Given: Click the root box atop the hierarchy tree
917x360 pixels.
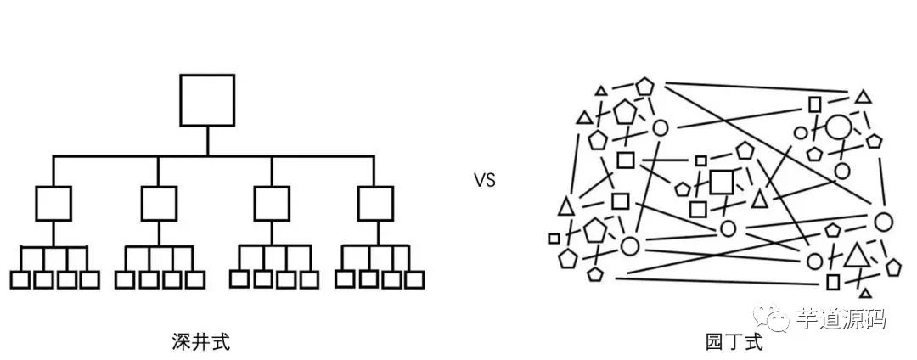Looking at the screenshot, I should click(207, 100).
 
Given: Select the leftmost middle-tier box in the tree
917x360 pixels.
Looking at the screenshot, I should click(53, 203).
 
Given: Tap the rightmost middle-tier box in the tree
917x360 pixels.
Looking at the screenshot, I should click(375, 203).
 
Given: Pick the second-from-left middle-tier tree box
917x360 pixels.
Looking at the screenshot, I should click(159, 203).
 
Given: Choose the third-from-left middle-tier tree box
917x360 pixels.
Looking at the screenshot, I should click(272, 203).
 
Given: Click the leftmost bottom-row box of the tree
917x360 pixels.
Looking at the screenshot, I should click(20, 279).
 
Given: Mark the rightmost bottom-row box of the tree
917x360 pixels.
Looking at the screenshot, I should click(414, 278).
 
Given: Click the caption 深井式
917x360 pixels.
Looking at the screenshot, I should click(200, 342).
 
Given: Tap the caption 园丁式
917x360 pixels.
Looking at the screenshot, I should click(723, 342).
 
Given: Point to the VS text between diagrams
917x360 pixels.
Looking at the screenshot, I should click(485, 180).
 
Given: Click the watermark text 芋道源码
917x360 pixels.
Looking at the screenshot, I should click(841, 319).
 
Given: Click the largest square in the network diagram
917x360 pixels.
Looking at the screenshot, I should click(722, 182).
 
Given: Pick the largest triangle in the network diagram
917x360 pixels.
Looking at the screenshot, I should click(857, 256).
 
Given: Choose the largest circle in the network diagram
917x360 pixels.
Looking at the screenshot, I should click(839, 127).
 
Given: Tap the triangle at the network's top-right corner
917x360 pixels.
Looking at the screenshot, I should click(863, 98).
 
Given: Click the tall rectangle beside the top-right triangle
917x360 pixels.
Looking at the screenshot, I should click(814, 104).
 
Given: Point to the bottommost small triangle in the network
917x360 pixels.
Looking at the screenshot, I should click(865, 292).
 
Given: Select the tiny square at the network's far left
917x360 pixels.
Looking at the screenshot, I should click(554, 239).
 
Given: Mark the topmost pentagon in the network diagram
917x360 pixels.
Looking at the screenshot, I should click(645, 87).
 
